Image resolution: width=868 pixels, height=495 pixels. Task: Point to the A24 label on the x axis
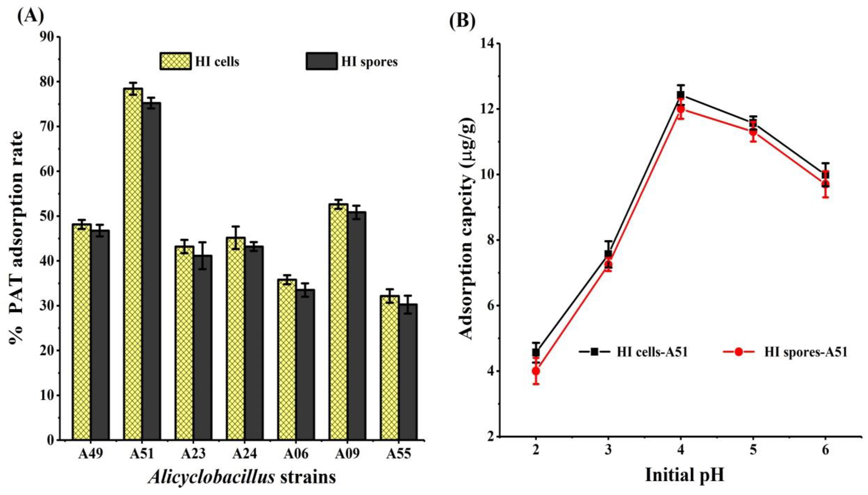click(245, 454)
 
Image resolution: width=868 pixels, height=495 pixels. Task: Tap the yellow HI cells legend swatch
click(175, 61)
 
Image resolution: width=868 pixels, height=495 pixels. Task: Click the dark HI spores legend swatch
click(322, 61)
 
